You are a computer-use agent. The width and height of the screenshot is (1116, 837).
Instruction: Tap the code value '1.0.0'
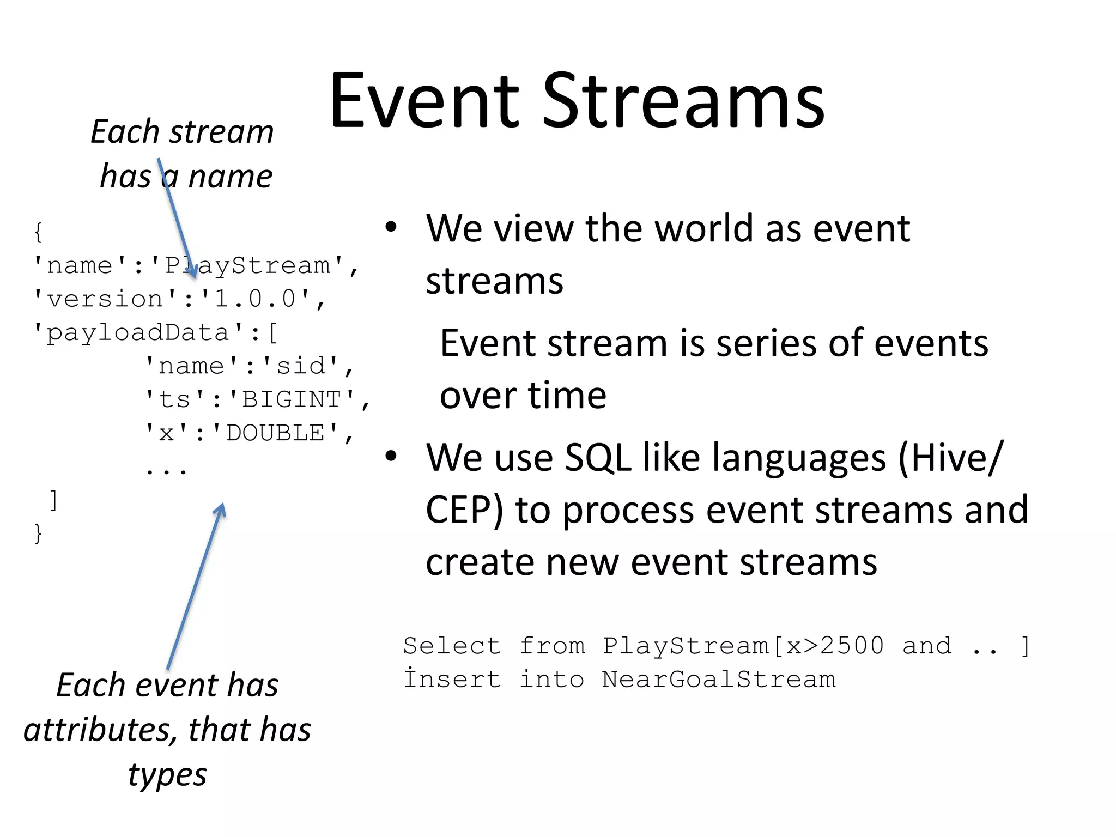pyautogui.click(x=256, y=299)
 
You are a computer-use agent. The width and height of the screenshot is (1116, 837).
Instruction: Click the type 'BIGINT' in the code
pyautogui.click(x=292, y=399)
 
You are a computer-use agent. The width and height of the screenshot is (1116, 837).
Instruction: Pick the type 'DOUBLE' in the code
pyautogui.click(x=275, y=433)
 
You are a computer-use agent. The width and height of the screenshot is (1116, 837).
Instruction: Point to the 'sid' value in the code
pyautogui.click(x=301, y=366)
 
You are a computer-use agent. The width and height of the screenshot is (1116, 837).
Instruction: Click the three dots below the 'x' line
pyautogui.click(x=166, y=470)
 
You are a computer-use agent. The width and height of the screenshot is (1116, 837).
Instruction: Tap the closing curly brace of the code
pyautogui.click(x=38, y=532)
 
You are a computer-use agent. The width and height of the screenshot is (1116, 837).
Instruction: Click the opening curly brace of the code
pyautogui.click(x=38, y=232)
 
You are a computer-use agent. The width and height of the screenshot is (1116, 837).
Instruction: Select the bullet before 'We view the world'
pyautogui.click(x=391, y=227)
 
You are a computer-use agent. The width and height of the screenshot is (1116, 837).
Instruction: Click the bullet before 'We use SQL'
pyautogui.click(x=391, y=456)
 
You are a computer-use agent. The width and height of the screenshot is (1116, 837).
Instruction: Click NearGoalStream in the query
pyautogui.click(x=718, y=680)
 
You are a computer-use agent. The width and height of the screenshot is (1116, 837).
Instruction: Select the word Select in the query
pyautogui.click(x=451, y=646)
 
